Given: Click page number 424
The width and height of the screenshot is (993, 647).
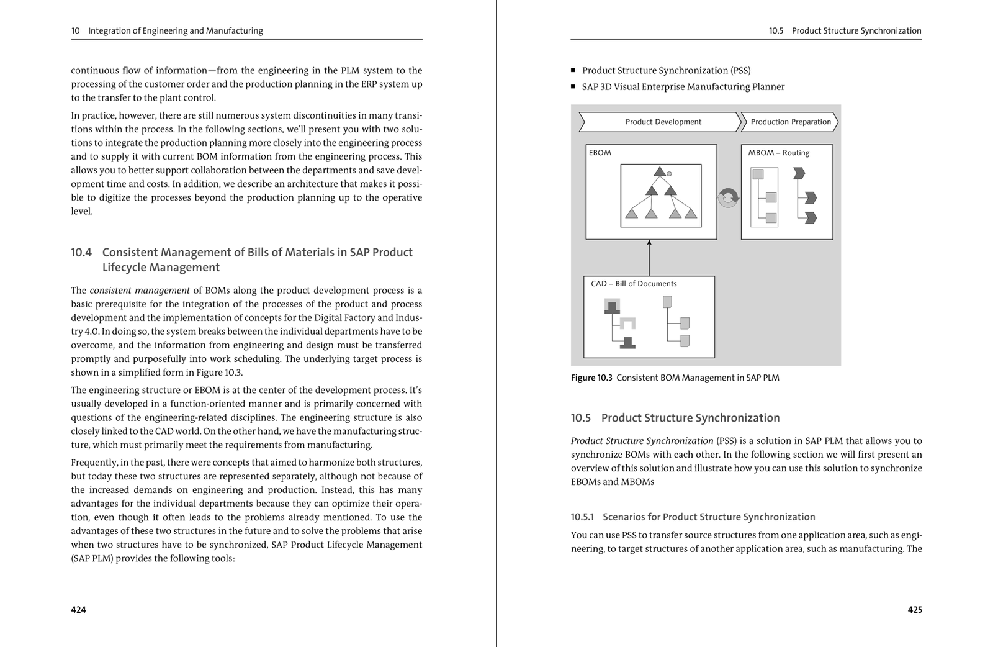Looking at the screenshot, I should pos(78,610).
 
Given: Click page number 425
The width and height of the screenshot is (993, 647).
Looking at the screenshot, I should pos(915,610).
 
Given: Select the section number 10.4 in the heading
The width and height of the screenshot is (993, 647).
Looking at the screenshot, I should pos(81,253).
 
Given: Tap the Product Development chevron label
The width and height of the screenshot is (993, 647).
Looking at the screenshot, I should pos(663,122).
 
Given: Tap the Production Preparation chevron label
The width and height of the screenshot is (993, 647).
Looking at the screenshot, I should pos(790,122).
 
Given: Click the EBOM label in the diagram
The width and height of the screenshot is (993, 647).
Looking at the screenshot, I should pos(600,153).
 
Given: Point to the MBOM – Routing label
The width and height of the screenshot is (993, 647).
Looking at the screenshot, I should pos(778,153).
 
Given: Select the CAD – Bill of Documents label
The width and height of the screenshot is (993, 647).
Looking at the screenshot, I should pos(634,284).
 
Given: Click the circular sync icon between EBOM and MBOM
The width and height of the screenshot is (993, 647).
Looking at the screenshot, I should pos(728,198).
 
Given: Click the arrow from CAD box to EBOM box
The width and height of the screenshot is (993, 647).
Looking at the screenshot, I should pos(649,258).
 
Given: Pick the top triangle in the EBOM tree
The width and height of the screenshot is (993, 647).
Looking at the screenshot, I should pos(660,172).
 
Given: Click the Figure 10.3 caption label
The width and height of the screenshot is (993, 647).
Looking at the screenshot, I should pos(591,378).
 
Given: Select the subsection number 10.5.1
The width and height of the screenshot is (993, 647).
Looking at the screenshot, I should pos(582,517).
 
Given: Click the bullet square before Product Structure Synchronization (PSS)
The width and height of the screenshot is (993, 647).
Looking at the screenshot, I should pos(573,71).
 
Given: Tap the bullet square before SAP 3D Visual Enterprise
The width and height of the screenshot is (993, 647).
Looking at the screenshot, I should pos(573,87).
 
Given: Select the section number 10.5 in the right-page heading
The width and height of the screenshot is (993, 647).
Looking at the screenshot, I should pos(581,418).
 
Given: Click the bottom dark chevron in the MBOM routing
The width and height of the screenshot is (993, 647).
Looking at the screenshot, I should pos(811,218).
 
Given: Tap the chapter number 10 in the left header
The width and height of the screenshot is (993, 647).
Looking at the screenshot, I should pos(75,30).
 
